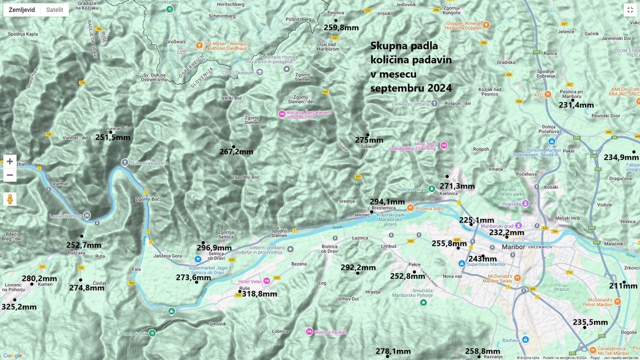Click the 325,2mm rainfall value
click(19, 307)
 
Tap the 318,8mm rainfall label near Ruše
click(259, 294)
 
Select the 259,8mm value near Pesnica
click(341, 28)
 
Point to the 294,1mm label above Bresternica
click(387, 202)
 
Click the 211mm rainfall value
click(623, 286)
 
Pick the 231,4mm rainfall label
click(576, 105)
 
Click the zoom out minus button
click(9, 175)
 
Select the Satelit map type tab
click(54, 10)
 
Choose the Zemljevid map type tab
click(22, 10)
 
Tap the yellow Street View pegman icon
click(9, 199)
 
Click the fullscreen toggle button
click(629, 10)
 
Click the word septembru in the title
click(398, 88)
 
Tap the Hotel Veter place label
click(250, 281)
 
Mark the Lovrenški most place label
click(65, 216)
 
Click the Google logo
click(12, 355)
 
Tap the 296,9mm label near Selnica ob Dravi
click(214, 248)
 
